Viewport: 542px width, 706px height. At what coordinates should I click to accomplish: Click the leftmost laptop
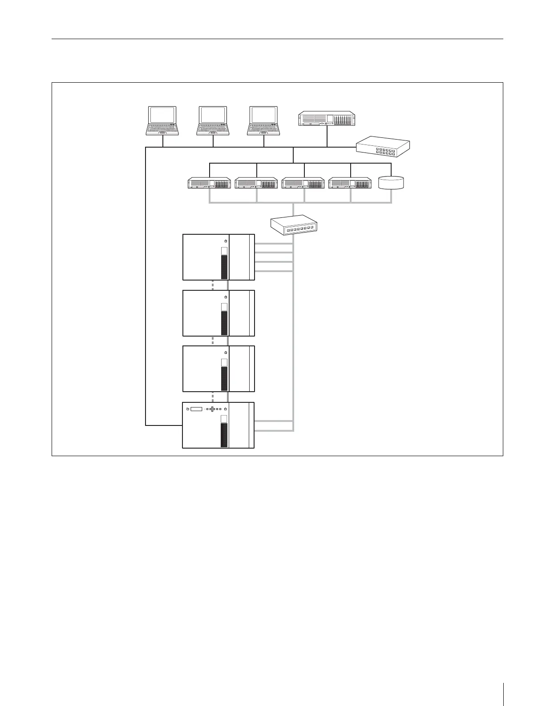(163, 120)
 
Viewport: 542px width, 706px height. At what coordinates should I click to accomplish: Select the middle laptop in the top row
(213, 120)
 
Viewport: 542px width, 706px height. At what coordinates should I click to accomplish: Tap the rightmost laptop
(264, 120)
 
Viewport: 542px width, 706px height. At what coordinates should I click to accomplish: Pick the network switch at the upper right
(383, 146)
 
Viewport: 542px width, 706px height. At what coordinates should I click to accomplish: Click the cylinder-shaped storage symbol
(391, 183)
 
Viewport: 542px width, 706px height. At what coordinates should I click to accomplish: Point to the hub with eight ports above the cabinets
(295, 225)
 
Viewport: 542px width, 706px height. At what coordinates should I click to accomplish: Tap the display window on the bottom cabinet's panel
(196, 409)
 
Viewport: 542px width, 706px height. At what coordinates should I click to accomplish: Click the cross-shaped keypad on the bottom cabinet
(212, 409)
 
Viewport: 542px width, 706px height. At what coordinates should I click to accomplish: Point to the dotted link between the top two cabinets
(213, 285)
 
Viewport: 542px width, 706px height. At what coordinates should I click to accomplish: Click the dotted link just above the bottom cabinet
(213, 397)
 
